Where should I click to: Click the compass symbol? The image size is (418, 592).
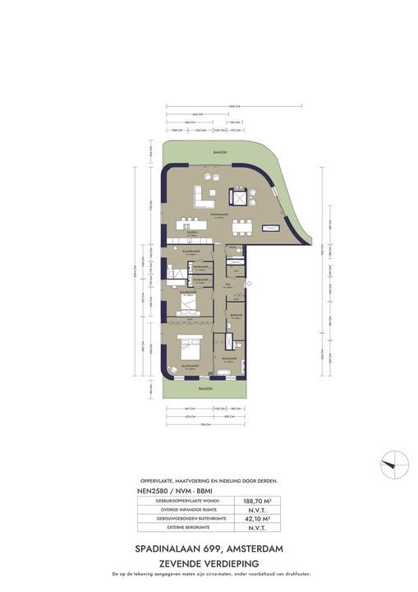(393, 465)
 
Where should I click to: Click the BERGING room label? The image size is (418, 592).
(236, 314)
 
